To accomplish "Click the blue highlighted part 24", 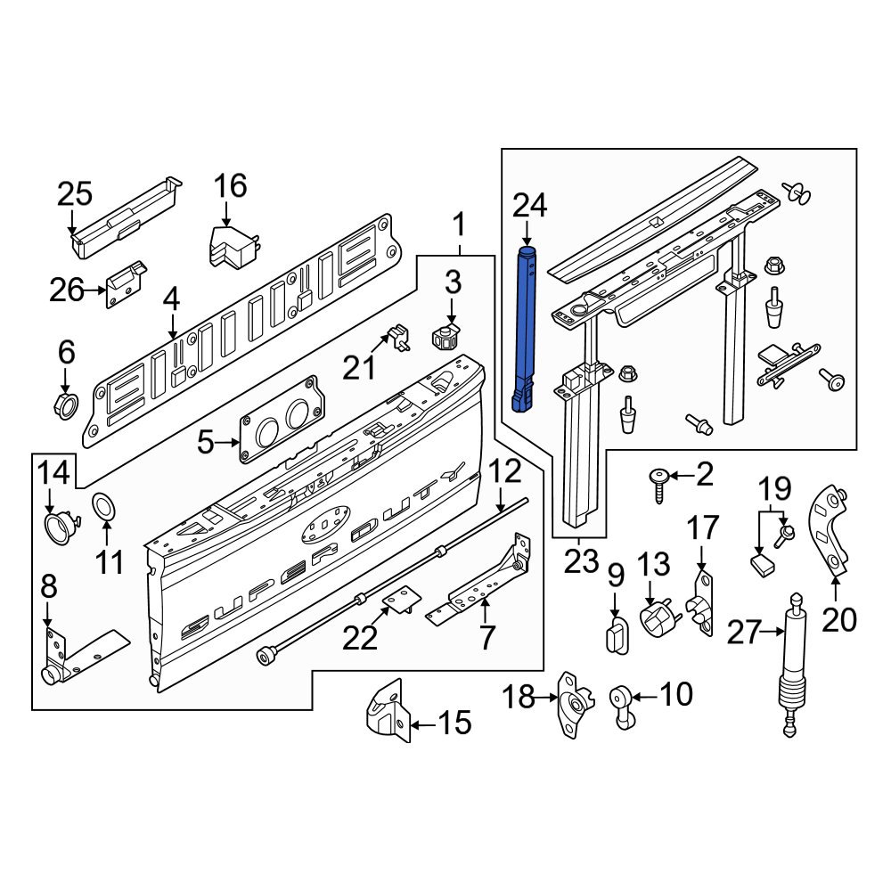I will [x=527, y=330].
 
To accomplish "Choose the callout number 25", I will [x=75, y=193].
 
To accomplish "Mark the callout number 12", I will [x=503, y=470].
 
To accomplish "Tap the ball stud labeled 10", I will [x=620, y=699].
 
